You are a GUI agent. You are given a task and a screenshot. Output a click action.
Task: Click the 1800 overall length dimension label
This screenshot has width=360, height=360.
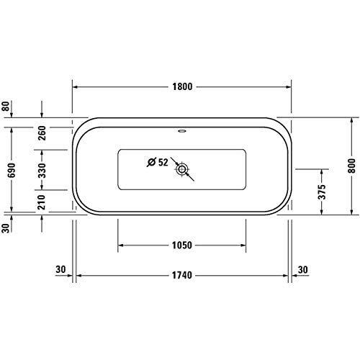(x=183, y=86)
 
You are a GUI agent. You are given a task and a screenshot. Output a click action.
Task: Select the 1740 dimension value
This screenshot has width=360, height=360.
(x=183, y=275)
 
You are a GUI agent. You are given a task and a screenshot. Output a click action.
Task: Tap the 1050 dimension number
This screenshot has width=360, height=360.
(x=183, y=245)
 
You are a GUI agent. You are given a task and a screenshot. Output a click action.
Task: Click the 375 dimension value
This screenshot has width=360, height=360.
(x=323, y=191)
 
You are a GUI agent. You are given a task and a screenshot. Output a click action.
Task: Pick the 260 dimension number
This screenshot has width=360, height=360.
(x=42, y=132)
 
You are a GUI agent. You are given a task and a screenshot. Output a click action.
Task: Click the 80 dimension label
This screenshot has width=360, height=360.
(x=6, y=107)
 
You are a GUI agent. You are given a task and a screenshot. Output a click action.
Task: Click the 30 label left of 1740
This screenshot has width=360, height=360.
(x=60, y=270)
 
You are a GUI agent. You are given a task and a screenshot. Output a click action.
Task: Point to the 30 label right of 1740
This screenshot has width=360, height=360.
(x=304, y=270)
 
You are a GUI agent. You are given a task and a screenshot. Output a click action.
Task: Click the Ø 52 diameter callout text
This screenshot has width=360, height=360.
(x=156, y=162)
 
